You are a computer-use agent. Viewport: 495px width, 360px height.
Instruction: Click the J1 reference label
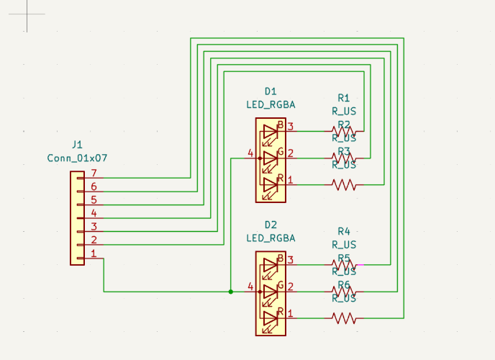(x=78, y=145)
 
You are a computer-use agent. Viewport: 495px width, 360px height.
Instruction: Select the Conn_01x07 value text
(x=78, y=157)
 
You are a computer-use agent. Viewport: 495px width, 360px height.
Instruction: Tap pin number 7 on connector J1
(x=93, y=174)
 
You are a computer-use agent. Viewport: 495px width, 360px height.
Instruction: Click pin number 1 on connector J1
(x=93, y=253)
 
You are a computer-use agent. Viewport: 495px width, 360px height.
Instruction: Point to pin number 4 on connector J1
(x=93, y=214)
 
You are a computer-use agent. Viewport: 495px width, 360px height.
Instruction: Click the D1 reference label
(x=271, y=91)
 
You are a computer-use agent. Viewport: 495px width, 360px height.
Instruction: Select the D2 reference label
(x=271, y=224)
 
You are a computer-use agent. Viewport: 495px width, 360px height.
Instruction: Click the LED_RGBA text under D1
(x=271, y=104)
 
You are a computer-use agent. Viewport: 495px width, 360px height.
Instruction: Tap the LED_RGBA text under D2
(x=271, y=237)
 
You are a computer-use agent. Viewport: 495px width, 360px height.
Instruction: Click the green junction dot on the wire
(x=230, y=292)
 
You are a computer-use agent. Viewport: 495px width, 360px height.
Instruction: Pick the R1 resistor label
(x=343, y=98)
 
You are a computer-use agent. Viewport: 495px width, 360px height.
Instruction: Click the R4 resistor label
(x=343, y=231)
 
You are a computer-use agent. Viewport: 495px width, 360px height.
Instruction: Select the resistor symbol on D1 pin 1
(x=344, y=184)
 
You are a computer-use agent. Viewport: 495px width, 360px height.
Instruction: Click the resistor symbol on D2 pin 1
(x=344, y=318)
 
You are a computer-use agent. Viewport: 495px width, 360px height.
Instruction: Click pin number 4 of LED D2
(x=250, y=287)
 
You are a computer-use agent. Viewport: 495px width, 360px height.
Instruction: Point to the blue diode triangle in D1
(x=270, y=132)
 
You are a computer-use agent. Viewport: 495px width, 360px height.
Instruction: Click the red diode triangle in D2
(x=270, y=318)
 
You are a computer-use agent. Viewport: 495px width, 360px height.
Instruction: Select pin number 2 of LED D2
(x=291, y=287)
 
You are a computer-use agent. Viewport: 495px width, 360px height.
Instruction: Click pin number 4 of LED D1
(x=250, y=153)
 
